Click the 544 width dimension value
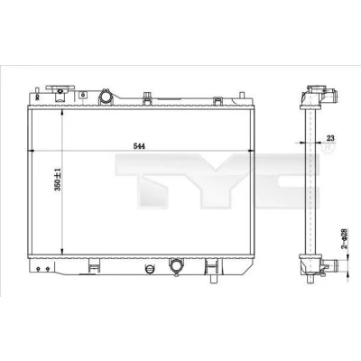139,146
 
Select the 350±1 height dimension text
58,180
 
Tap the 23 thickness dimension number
330,138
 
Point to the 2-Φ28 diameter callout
344,238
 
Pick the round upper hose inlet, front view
106,97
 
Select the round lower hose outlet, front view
175,264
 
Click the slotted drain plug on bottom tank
150,269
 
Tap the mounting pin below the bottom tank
213,278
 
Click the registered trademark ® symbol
328,148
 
